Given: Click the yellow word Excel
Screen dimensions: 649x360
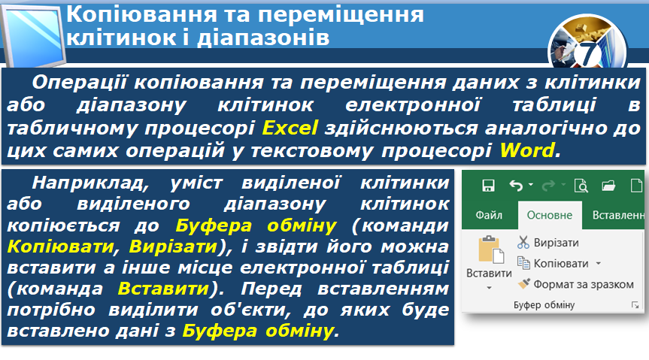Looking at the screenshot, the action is [x=290, y=127].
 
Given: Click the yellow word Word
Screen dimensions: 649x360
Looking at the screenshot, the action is [x=527, y=150].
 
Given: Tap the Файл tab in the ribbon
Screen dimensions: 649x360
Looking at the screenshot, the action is [x=489, y=215].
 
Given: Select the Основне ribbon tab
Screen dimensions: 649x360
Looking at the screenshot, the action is [x=549, y=215].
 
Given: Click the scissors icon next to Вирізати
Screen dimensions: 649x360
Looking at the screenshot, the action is [x=523, y=242].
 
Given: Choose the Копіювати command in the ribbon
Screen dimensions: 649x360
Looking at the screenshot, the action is [x=561, y=264].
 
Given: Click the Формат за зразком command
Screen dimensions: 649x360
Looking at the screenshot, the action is [x=583, y=284].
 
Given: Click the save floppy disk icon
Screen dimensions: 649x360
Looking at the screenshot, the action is [x=488, y=186].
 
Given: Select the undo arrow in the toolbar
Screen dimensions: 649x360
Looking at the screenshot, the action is [x=516, y=186].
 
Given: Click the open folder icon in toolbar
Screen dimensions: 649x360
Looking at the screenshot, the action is [x=608, y=186].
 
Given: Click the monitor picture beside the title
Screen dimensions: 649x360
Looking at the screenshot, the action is [x=34, y=35].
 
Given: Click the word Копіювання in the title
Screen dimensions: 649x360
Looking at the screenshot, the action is [x=141, y=15].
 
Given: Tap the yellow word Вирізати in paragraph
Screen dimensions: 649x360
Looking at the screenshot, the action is [x=174, y=247].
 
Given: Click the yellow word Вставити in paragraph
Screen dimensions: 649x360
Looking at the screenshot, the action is [x=163, y=289].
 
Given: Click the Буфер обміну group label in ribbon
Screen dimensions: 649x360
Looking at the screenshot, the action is [x=544, y=305].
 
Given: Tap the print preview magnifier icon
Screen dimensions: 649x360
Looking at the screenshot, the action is [x=581, y=186].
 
